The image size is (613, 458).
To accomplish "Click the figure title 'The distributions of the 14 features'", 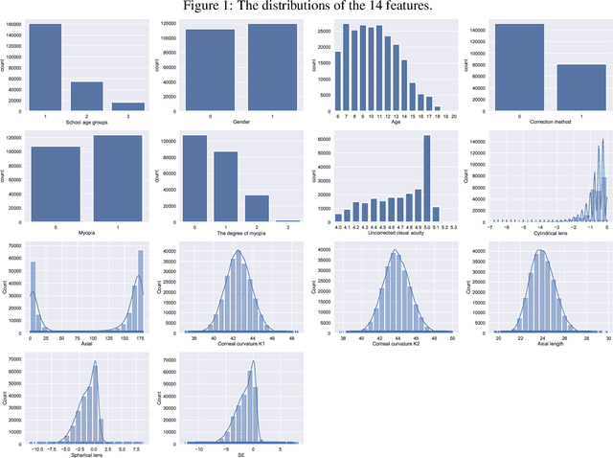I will pos(306,8).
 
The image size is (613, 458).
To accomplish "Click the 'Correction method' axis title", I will pos(541,122).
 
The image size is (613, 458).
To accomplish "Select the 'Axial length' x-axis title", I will pos(543,344).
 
